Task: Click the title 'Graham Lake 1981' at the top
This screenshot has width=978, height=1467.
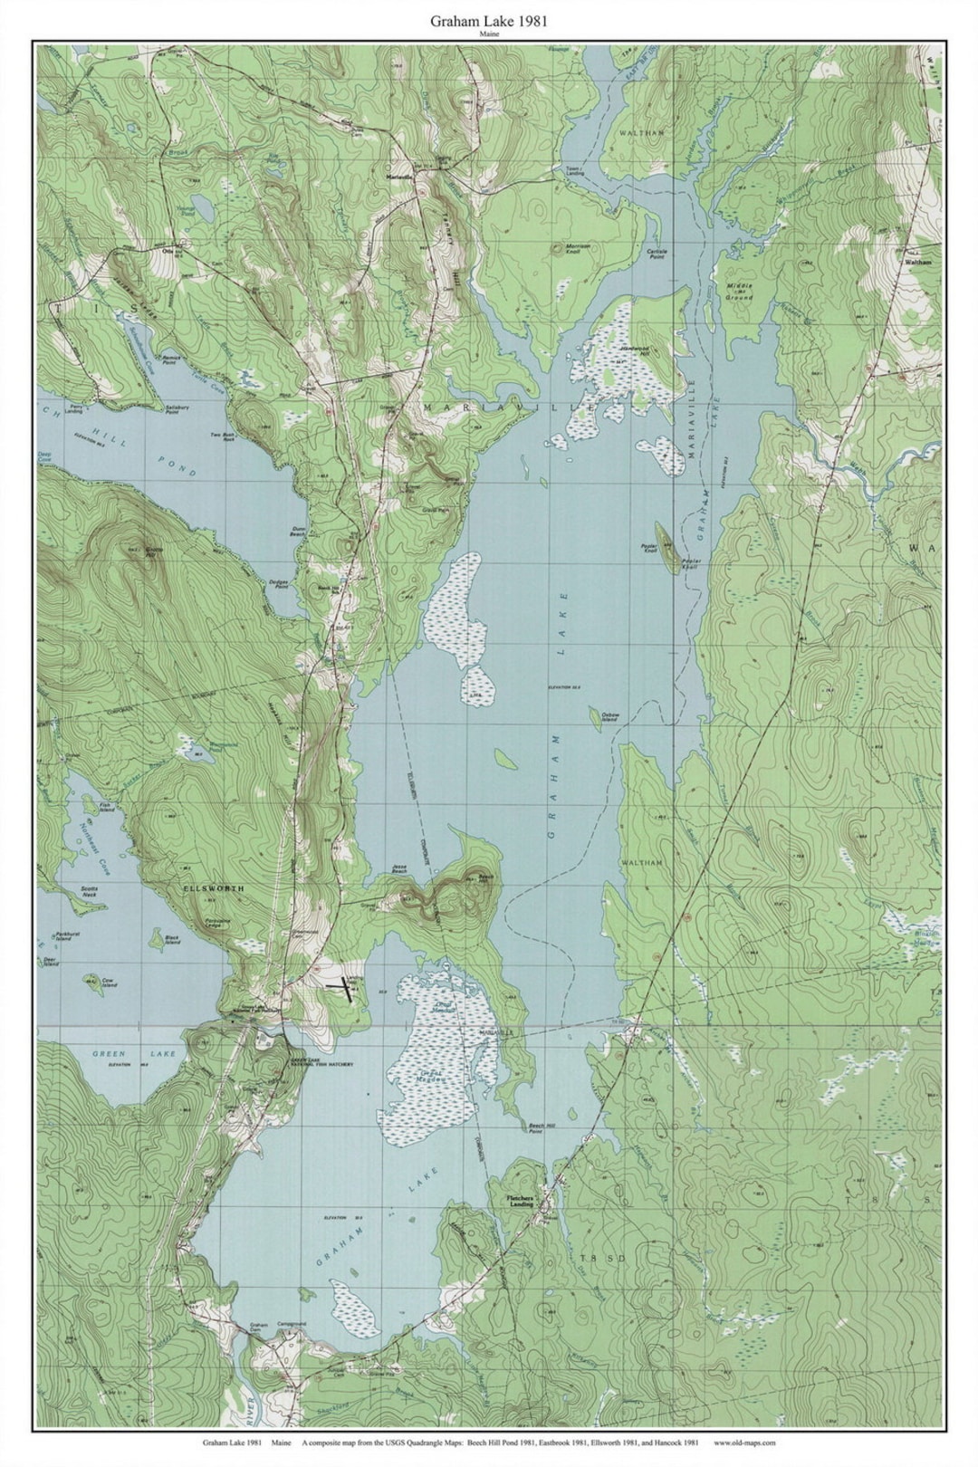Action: (x=489, y=19)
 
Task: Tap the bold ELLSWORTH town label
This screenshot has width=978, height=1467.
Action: (x=214, y=889)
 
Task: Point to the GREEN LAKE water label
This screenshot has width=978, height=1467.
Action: (x=112, y=1054)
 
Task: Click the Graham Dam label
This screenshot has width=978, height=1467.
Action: (x=258, y=1328)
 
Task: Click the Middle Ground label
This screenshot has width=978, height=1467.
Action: (x=738, y=292)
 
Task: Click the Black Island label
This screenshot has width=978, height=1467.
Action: (x=172, y=940)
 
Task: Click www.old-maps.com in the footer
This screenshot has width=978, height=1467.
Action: (x=744, y=1443)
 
